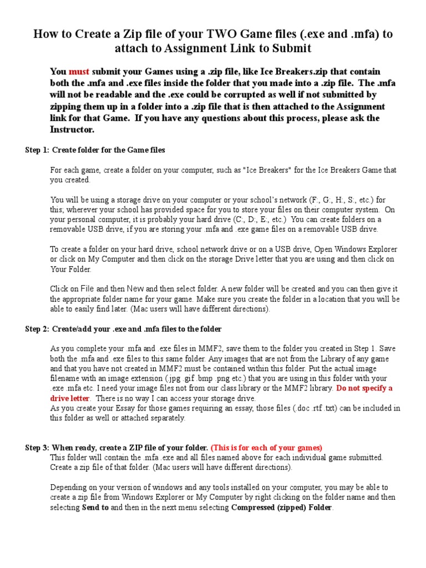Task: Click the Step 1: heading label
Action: click(x=37, y=150)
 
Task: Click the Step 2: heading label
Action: click(x=37, y=329)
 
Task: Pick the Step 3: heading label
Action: click(x=37, y=448)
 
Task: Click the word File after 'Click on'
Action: click(x=87, y=289)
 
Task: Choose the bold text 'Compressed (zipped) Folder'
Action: click(x=281, y=508)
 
